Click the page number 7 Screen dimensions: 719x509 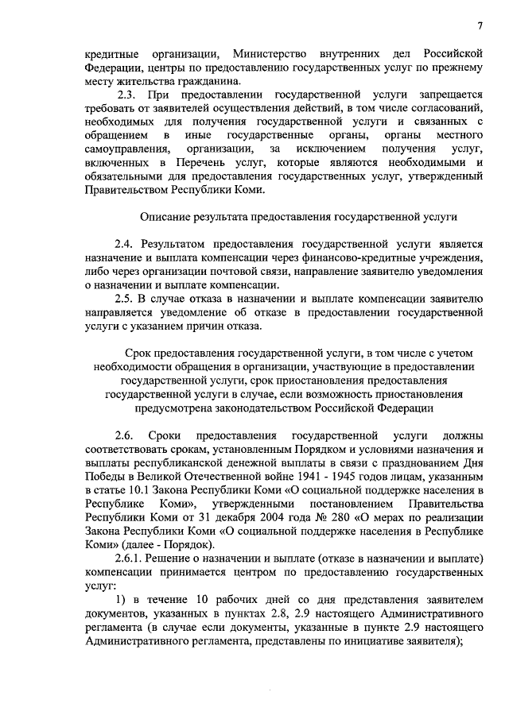click(x=481, y=27)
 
